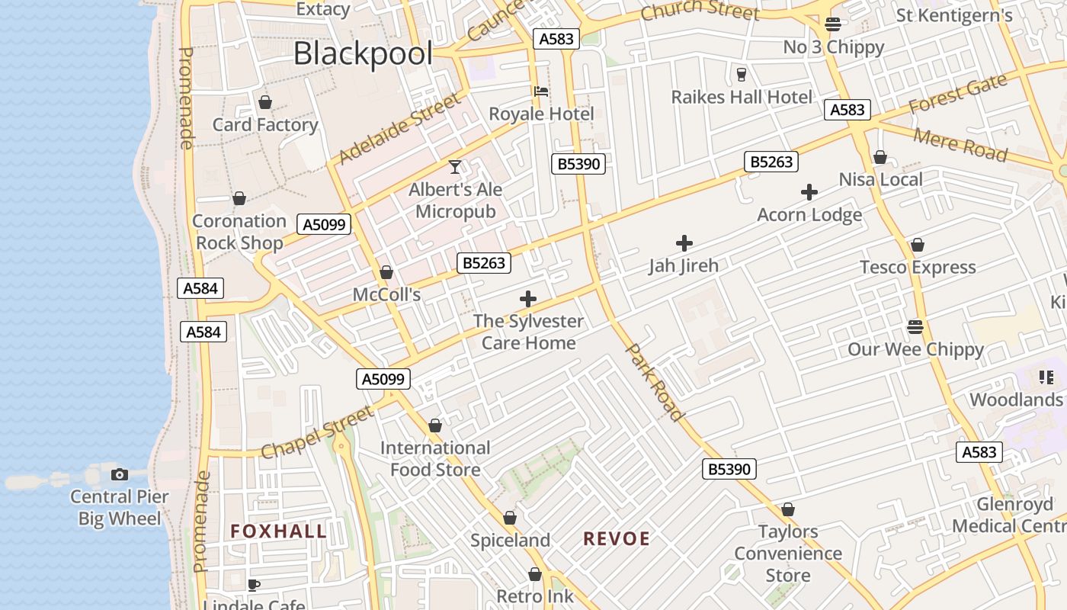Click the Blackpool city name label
[x=363, y=54]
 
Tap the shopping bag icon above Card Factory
[x=265, y=102]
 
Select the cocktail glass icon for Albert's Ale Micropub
[x=455, y=166]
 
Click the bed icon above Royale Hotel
[x=541, y=91]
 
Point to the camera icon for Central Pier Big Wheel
[x=120, y=474]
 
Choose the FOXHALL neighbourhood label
[x=279, y=531]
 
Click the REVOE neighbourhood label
[x=617, y=539]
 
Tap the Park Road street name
[x=654, y=382]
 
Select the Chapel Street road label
[x=317, y=432]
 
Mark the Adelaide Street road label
[x=400, y=128]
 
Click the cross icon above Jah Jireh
[x=684, y=243]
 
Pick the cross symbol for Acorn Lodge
[x=809, y=192]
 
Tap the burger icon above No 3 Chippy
[x=833, y=24]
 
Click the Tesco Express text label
[x=918, y=268]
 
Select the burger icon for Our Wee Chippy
[x=915, y=327]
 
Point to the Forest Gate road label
[x=958, y=95]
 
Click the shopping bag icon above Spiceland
[x=510, y=518]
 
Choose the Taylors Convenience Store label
[x=788, y=554]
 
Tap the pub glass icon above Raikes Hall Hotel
[x=741, y=75]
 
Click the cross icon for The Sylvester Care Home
[x=528, y=299]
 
